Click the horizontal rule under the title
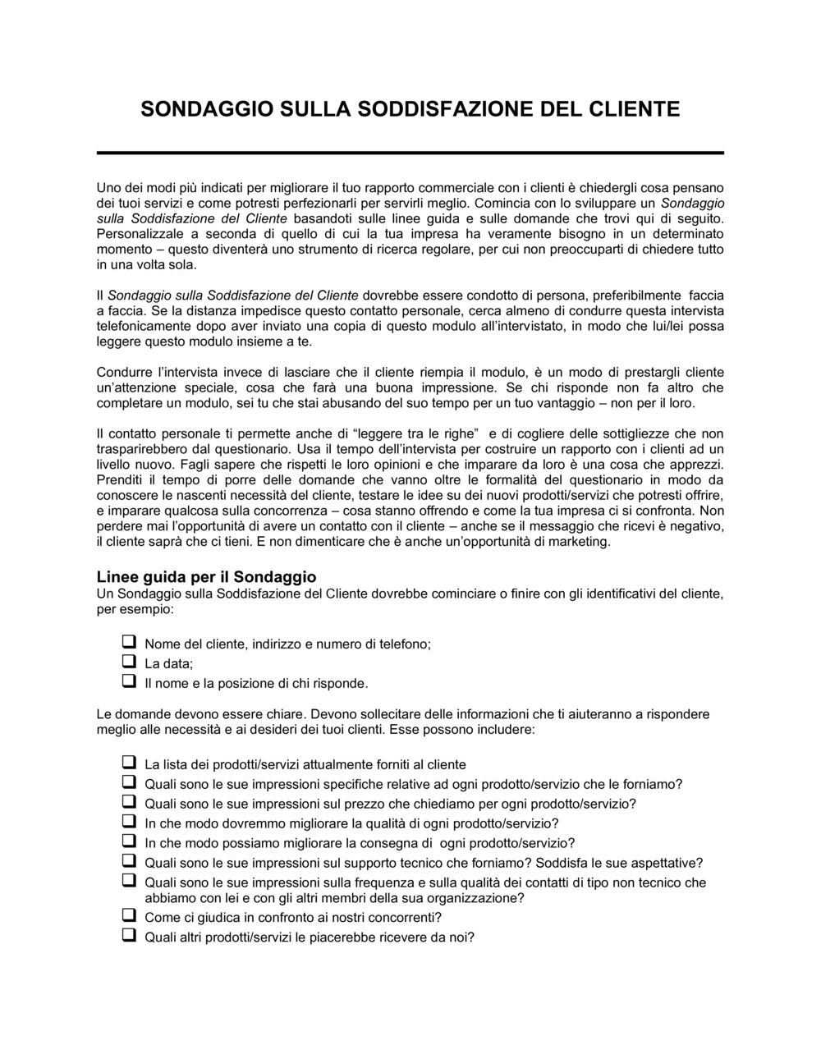[410, 153]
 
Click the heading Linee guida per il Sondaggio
[206, 577]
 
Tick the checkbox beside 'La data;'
[128, 661]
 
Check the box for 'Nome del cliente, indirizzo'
[128, 641]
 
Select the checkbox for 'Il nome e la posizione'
[128, 681]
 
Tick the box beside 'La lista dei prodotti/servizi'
[128, 762]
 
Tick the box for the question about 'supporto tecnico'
[128, 860]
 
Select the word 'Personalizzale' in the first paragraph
[135, 233]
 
